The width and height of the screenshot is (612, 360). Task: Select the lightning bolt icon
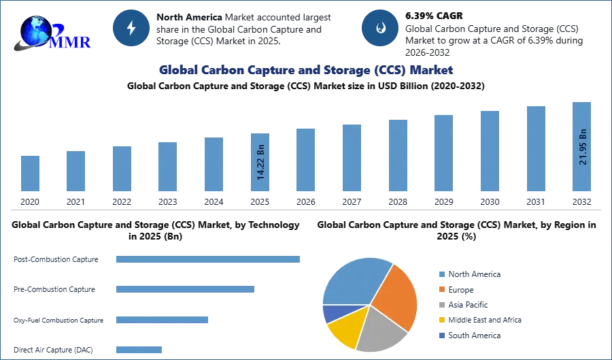[x=131, y=28]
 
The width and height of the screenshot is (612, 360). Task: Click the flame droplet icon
[x=380, y=28]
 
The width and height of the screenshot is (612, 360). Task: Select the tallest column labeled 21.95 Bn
[x=582, y=146]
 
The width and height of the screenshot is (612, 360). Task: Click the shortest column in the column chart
[x=30, y=174]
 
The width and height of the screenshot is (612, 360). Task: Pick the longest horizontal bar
[x=209, y=261]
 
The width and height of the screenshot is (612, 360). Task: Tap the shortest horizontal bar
[x=139, y=348]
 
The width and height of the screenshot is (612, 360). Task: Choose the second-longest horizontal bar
[x=184, y=289]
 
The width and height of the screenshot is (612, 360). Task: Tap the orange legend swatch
[x=441, y=289]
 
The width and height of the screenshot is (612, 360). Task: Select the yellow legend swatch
[x=441, y=321]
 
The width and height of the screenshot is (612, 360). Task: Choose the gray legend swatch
[x=441, y=305]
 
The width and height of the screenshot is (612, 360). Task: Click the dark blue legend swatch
[x=441, y=337]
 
